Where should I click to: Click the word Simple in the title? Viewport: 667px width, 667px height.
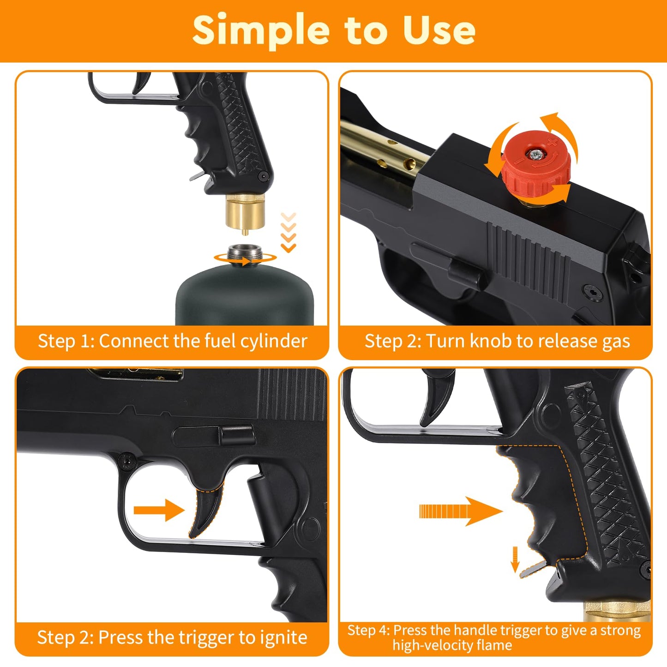pos(260,30)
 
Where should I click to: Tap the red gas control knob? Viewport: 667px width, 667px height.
pos(535,166)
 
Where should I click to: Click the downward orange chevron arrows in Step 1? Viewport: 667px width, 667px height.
pos(288,233)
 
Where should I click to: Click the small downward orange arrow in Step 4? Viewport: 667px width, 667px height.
pos(515,559)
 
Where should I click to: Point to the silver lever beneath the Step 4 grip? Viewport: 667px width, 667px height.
pos(535,570)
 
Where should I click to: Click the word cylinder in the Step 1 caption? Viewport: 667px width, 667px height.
pos(280,342)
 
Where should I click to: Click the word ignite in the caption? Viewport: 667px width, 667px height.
pos(283,638)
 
